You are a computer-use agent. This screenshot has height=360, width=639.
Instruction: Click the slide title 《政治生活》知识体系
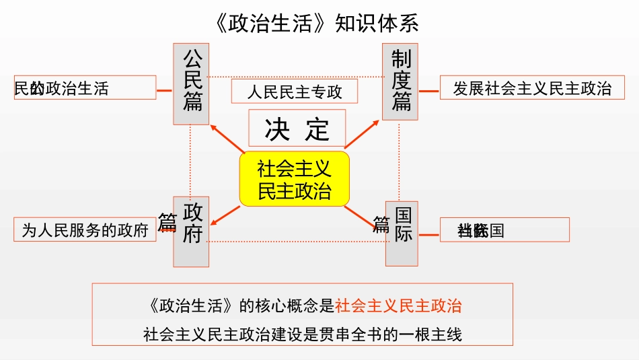[319, 24]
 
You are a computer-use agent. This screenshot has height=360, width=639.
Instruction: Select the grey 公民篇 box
[192, 84]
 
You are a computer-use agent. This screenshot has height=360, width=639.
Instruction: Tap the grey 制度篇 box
[400, 81]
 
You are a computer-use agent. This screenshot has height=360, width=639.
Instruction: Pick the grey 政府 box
[192, 231]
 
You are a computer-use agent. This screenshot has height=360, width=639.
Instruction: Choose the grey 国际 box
[402, 232]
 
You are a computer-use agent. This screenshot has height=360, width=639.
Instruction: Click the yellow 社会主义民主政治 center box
[295, 178]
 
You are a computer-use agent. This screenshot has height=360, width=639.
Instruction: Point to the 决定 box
[297, 129]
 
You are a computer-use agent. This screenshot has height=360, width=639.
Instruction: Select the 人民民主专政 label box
[295, 92]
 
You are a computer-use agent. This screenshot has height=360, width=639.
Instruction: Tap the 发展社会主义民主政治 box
[531, 88]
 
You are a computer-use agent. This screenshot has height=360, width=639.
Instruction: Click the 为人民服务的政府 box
[85, 229]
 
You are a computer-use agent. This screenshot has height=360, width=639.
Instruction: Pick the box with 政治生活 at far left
[85, 88]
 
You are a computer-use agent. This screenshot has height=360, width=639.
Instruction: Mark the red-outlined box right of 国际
[504, 229]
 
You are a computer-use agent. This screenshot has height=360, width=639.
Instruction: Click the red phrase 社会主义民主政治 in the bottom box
[398, 305]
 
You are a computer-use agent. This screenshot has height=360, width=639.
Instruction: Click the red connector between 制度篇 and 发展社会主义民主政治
[428, 88]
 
